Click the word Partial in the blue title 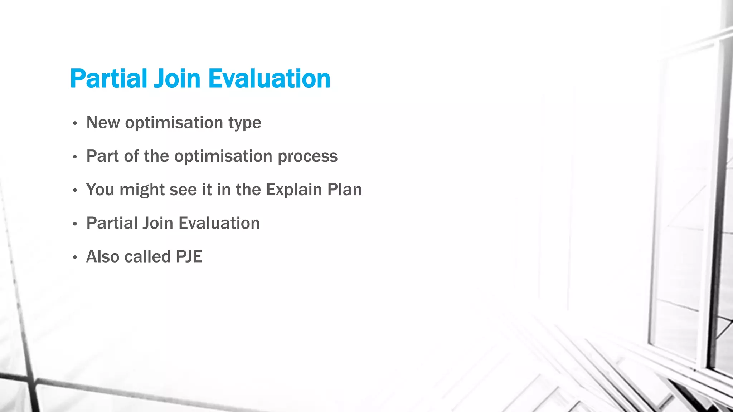pyautogui.click(x=108, y=78)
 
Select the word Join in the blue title pyautogui.click(x=177, y=78)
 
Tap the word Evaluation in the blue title pyautogui.click(x=269, y=78)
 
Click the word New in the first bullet pyautogui.click(x=103, y=123)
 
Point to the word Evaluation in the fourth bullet pyautogui.click(x=219, y=223)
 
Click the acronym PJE pyautogui.click(x=189, y=256)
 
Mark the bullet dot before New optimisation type pyautogui.click(x=75, y=124)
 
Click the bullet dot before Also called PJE pyautogui.click(x=75, y=257)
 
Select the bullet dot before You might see pyautogui.click(x=75, y=191)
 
